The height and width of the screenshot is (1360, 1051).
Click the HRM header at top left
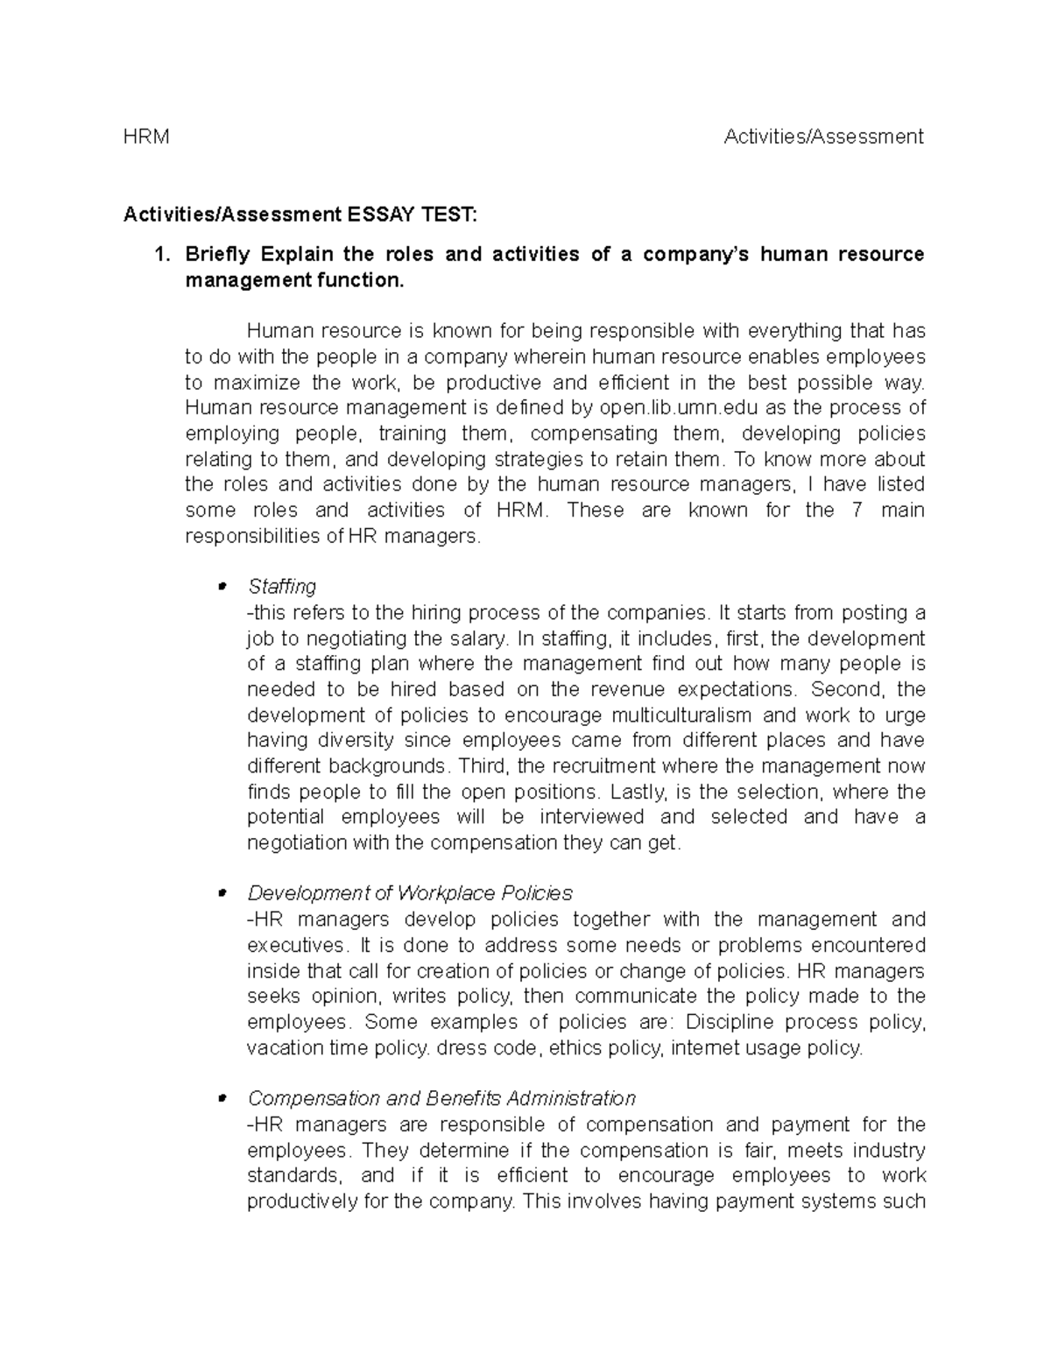[146, 137]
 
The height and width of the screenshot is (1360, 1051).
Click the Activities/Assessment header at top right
[823, 137]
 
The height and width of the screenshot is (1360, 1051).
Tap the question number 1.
[159, 255]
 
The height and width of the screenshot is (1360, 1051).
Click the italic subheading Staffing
[281, 586]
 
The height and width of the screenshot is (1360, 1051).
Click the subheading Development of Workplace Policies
[410, 893]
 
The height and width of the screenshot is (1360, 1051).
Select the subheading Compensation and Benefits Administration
[441, 1098]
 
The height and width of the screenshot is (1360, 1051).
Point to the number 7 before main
[857, 511]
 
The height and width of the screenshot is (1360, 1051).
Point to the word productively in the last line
[300, 1201]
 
